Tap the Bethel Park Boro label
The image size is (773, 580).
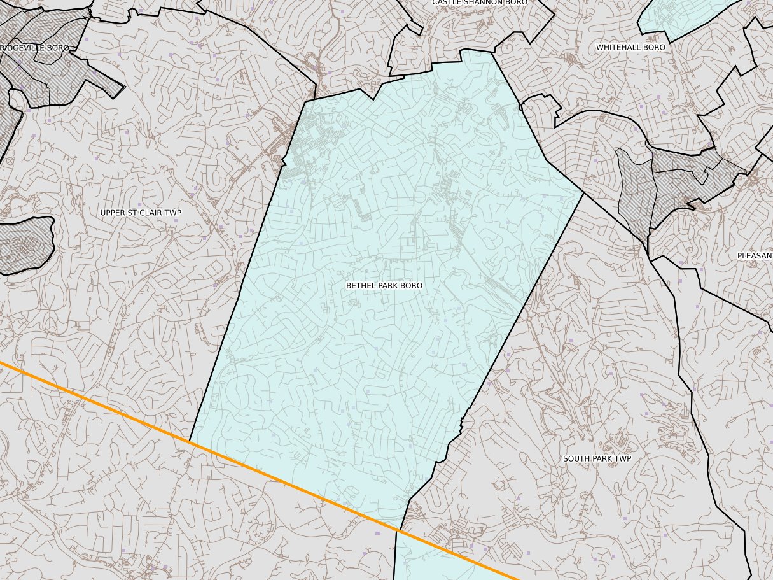click(384, 286)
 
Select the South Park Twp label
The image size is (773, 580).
click(597, 458)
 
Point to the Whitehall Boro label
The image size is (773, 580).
click(630, 47)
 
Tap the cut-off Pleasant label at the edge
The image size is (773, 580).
click(755, 256)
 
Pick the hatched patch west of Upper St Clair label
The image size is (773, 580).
click(22, 245)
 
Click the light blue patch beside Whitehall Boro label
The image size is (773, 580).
click(674, 16)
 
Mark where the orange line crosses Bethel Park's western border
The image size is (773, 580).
click(190, 441)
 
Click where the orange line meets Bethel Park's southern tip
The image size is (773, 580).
click(398, 530)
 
